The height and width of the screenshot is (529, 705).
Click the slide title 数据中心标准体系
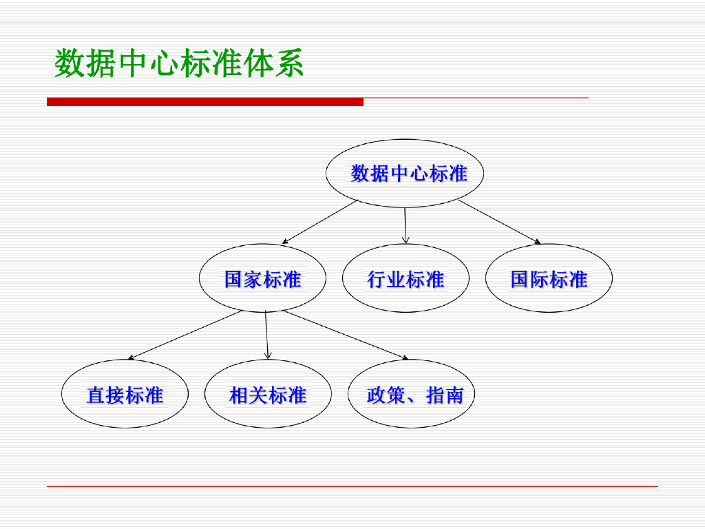[x=179, y=64]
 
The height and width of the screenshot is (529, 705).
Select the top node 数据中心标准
[x=405, y=173]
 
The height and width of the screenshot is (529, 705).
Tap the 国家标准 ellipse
[x=262, y=279]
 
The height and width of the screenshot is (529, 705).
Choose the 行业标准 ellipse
[x=406, y=279]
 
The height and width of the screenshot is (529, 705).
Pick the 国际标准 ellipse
[x=549, y=279]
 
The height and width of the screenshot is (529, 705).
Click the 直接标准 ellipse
[x=125, y=395]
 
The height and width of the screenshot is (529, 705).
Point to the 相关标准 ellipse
[x=268, y=395]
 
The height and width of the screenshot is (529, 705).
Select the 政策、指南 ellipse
[x=411, y=395]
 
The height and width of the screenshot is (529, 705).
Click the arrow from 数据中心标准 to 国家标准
[x=320, y=222]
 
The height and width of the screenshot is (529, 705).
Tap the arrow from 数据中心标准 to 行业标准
[x=405, y=225]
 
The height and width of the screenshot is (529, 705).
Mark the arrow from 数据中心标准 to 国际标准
[x=499, y=222]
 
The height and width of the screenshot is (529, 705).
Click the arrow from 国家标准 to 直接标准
[x=185, y=335]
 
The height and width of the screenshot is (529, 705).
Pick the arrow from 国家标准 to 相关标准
[x=266, y=335]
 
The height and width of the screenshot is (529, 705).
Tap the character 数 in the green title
[x=69, y=64]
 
